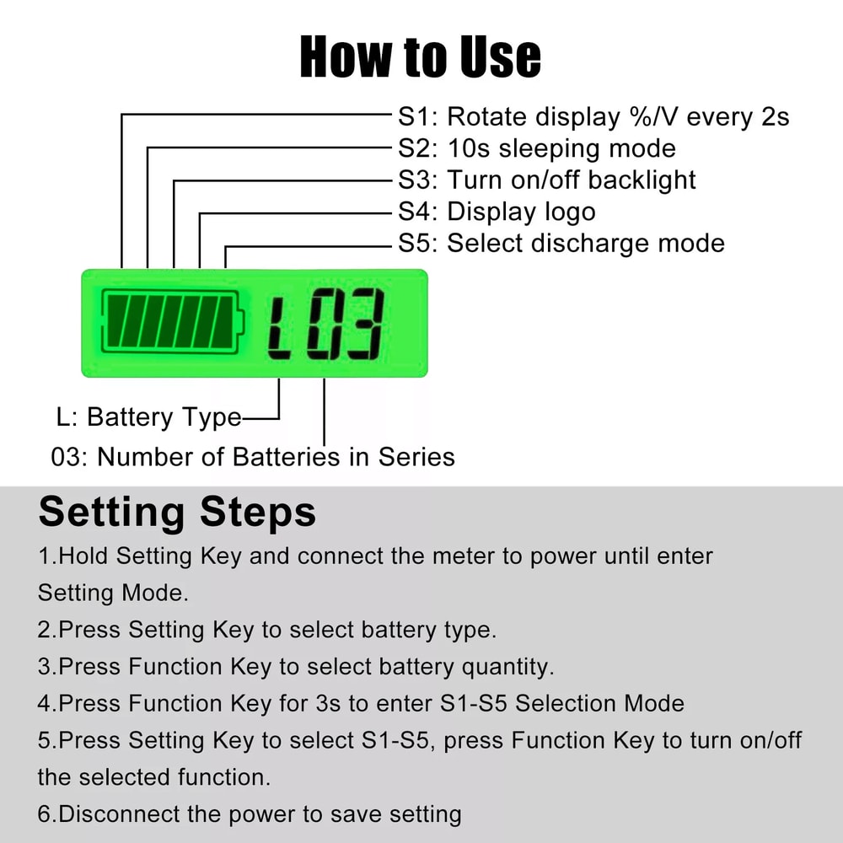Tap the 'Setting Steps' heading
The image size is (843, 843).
[177, 513]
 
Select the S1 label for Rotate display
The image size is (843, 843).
[593, 116]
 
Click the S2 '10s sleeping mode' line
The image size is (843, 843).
[536, 148]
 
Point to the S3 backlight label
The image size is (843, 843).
[546, 180]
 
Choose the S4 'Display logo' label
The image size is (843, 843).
[497, 212]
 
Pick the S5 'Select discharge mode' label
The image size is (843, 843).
[561, 244]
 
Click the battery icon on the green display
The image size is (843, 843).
[172, 322]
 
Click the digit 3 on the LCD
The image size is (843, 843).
[364, 325]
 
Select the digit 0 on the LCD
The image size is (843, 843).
[323, 325]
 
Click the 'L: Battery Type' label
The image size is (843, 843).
[148, 417]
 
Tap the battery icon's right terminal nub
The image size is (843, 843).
[242, 322]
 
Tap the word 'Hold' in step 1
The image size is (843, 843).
[84, 556]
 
